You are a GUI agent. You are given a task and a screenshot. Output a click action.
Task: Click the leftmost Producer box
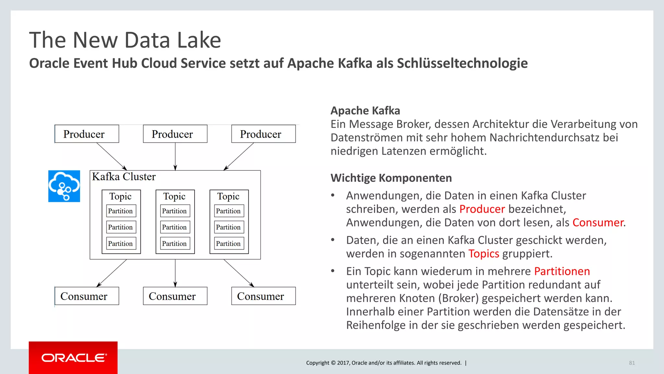(x=87, y=134)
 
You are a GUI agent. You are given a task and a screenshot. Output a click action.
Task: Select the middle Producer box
(x=175, y=134)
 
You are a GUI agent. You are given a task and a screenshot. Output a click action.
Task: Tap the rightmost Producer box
(x=263, y=134)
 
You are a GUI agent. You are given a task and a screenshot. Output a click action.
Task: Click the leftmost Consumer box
(x=87, y=296)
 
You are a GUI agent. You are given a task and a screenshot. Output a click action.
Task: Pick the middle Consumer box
(x=175, y=296)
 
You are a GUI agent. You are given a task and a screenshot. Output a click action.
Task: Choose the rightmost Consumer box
(x=263, y=296)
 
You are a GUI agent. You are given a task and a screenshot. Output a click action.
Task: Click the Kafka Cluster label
(x=124, y=177)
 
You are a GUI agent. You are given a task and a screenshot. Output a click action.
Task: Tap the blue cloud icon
(x=64, y=186)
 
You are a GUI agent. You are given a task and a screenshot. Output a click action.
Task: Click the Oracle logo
(x=73, y=358)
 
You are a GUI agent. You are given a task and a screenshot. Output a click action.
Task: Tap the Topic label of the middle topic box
(x=174, y=196)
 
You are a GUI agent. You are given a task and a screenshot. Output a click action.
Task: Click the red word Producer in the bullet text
(x=482, y=209)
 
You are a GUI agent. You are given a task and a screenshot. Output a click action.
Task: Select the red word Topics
(x=484, y=254)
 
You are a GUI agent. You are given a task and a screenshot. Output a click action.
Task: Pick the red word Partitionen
(x=562, y=271)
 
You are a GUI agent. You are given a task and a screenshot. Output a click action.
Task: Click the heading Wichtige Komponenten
(x=391, y=178)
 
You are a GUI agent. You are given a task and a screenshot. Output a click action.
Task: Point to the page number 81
(x=632, y=363)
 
